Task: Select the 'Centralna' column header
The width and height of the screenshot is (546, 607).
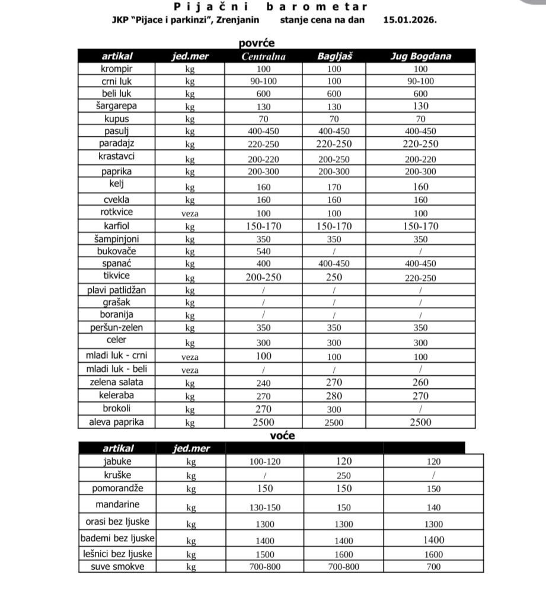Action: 263,57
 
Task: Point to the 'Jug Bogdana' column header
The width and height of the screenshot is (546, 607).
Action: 420,57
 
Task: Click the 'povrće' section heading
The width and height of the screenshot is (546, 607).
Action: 256,43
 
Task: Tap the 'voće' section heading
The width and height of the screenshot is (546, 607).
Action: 282,436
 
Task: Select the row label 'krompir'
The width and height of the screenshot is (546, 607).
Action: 117,69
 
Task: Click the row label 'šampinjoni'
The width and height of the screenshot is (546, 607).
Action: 117,239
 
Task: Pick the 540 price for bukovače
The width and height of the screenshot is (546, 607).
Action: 263,251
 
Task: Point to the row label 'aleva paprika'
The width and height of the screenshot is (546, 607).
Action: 117,422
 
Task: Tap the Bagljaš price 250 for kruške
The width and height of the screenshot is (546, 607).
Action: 343,475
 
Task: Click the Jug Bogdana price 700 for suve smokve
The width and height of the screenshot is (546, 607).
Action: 433,567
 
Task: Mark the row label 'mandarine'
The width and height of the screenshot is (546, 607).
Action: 117,504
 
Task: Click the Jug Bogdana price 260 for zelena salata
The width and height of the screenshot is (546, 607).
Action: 420,383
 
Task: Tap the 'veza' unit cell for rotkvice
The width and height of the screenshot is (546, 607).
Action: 190,213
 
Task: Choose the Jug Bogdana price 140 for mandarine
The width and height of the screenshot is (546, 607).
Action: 433,508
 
